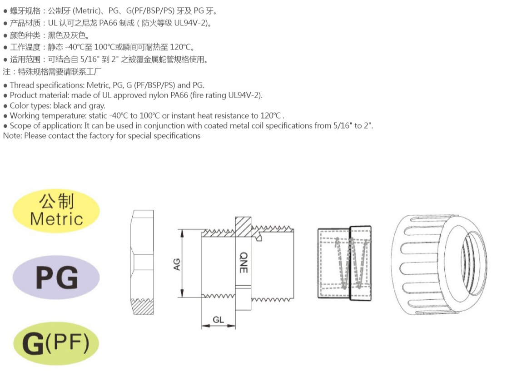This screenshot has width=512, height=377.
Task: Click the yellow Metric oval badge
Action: coord(56,211)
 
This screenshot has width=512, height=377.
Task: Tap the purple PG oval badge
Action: coord(56,278)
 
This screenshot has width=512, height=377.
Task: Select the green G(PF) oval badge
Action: coord(56,343)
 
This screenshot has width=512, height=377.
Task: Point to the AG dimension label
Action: coord(177,264)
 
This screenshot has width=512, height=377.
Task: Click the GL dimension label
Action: coord(218,320)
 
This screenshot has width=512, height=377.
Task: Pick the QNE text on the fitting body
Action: coord(244,263)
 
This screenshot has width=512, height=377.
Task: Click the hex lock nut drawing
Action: coord(143,263)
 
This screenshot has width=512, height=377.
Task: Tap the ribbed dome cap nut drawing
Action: coord(439,265)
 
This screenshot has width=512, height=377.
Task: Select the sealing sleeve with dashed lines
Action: coord(344,263)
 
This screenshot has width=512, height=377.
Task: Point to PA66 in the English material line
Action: coord(179,95)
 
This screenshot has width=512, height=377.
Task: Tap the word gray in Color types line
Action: coord(97,106)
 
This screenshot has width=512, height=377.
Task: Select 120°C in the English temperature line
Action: coord(270,115)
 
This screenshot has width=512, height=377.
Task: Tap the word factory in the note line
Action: coord(102,136)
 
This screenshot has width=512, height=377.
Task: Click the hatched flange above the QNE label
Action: coord(243,227)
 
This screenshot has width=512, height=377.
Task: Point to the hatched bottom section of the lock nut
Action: coord(142,307)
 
